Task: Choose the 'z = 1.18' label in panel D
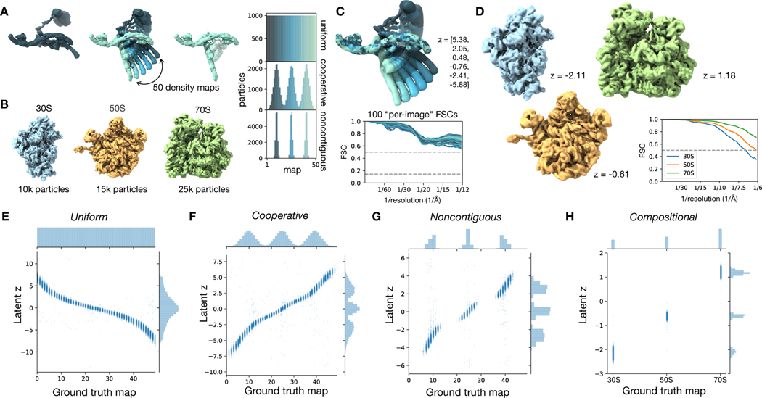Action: click(726, 72)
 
